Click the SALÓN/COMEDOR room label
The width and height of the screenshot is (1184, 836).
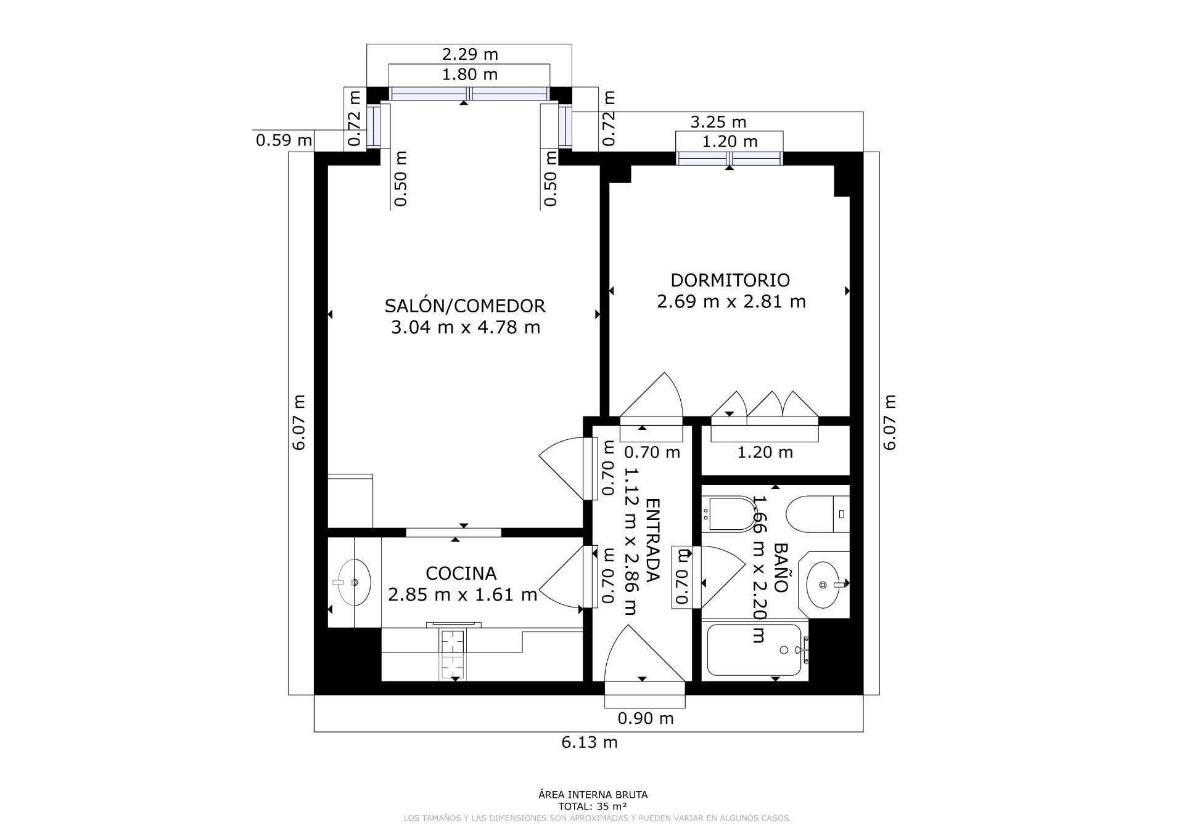pos(465,306)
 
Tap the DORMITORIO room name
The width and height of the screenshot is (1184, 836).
pos(730,280)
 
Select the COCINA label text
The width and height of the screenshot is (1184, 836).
pos(461,574)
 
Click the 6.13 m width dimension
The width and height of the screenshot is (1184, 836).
pos(589,742)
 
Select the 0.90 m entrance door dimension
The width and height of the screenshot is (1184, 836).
pos(646,718)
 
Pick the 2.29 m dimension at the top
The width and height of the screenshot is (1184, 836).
pos(470,54)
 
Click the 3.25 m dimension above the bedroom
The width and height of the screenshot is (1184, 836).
pos(718,122)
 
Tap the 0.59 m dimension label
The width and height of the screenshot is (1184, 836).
pos(284,140)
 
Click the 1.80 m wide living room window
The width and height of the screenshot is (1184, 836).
pos(469,94)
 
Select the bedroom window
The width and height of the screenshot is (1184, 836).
pos(730,158)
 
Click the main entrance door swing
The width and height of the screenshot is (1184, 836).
pos(641,656)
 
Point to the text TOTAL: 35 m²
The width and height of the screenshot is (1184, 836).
pos(593,806)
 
